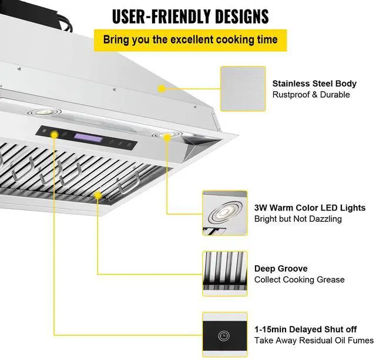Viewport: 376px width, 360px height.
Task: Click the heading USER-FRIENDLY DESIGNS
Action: click(x=191, y=16)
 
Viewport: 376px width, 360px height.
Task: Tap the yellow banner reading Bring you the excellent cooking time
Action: click(x=191, y=40)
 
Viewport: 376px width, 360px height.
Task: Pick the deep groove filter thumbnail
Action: click(x=224, y=274)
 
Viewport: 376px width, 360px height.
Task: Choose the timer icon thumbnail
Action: click(x=224, y=334)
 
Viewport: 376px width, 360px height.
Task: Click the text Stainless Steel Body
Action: click(x=314, y=84)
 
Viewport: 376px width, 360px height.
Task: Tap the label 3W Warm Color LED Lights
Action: click(x=310, y=208)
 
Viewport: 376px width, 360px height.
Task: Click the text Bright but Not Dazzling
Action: click(x=298, y=219)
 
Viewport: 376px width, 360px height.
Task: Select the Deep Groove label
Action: click(x=281, y=268)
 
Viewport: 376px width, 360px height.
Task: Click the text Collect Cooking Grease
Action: click(x=300, y=279)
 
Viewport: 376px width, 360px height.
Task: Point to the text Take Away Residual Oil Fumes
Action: click(x=314, y=341)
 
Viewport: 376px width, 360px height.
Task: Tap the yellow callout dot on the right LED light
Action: click(x=167, y=137)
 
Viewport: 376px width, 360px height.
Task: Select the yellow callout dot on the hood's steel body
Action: click(x=160, y=88)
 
